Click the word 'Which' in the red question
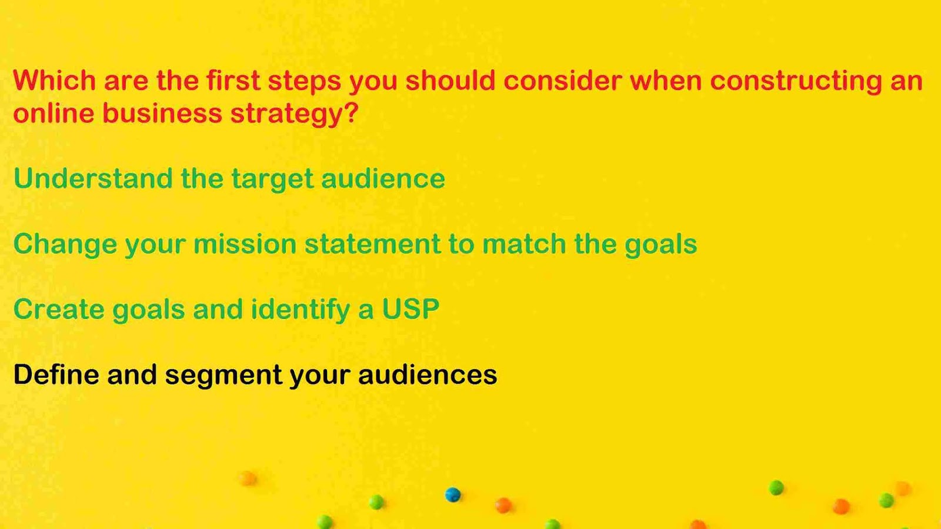click(x=55, y=80)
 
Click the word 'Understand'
click(x=93, y=178)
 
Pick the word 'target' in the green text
click(x=273, y=181)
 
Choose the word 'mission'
click(x=245, y=244)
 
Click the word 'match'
click(x=524, y=244)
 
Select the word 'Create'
click(x=59, y=310)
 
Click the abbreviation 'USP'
click(x=411, y=310)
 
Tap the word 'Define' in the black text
click(x=56, y=374)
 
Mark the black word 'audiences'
click(x=428, y=374)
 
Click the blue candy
click(x=453, y=494)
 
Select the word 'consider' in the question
click(x=562, y=80)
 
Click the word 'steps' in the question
click(x=305, y=82)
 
